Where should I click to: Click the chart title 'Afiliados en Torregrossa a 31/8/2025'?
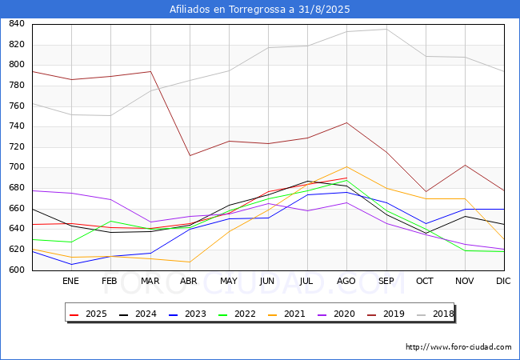(260, 10)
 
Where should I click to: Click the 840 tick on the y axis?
(16, 24)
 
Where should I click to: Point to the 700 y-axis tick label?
(16, 168)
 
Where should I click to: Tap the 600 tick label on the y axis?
(16, 270)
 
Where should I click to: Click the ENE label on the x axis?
(71, 282)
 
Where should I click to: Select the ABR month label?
(189, 282)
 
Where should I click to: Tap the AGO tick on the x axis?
(346, 282)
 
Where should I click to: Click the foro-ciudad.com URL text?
(458, 347)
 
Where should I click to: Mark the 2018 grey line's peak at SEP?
(386, 29)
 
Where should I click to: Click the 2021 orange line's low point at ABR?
(190, 262)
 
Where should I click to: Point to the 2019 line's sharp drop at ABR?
(190, 155)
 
